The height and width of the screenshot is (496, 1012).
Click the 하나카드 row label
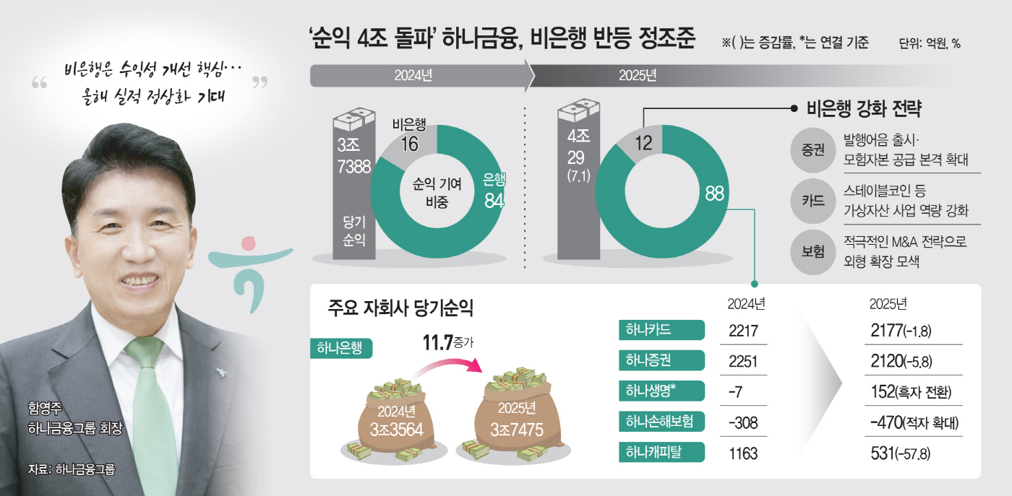pos(661,330)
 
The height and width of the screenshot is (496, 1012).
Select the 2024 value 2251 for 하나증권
pos(743,361)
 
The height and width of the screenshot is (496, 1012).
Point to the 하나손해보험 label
pos(661,422)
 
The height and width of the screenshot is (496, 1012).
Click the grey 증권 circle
pos(813,151)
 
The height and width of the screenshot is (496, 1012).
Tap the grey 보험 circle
pos(813,251)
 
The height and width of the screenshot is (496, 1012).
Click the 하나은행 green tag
pos(340,348)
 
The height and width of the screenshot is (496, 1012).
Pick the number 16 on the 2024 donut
pos(409,144)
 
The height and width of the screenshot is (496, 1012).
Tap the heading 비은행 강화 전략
pos(867,109)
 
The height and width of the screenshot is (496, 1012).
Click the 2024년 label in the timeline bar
pos(413,75)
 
